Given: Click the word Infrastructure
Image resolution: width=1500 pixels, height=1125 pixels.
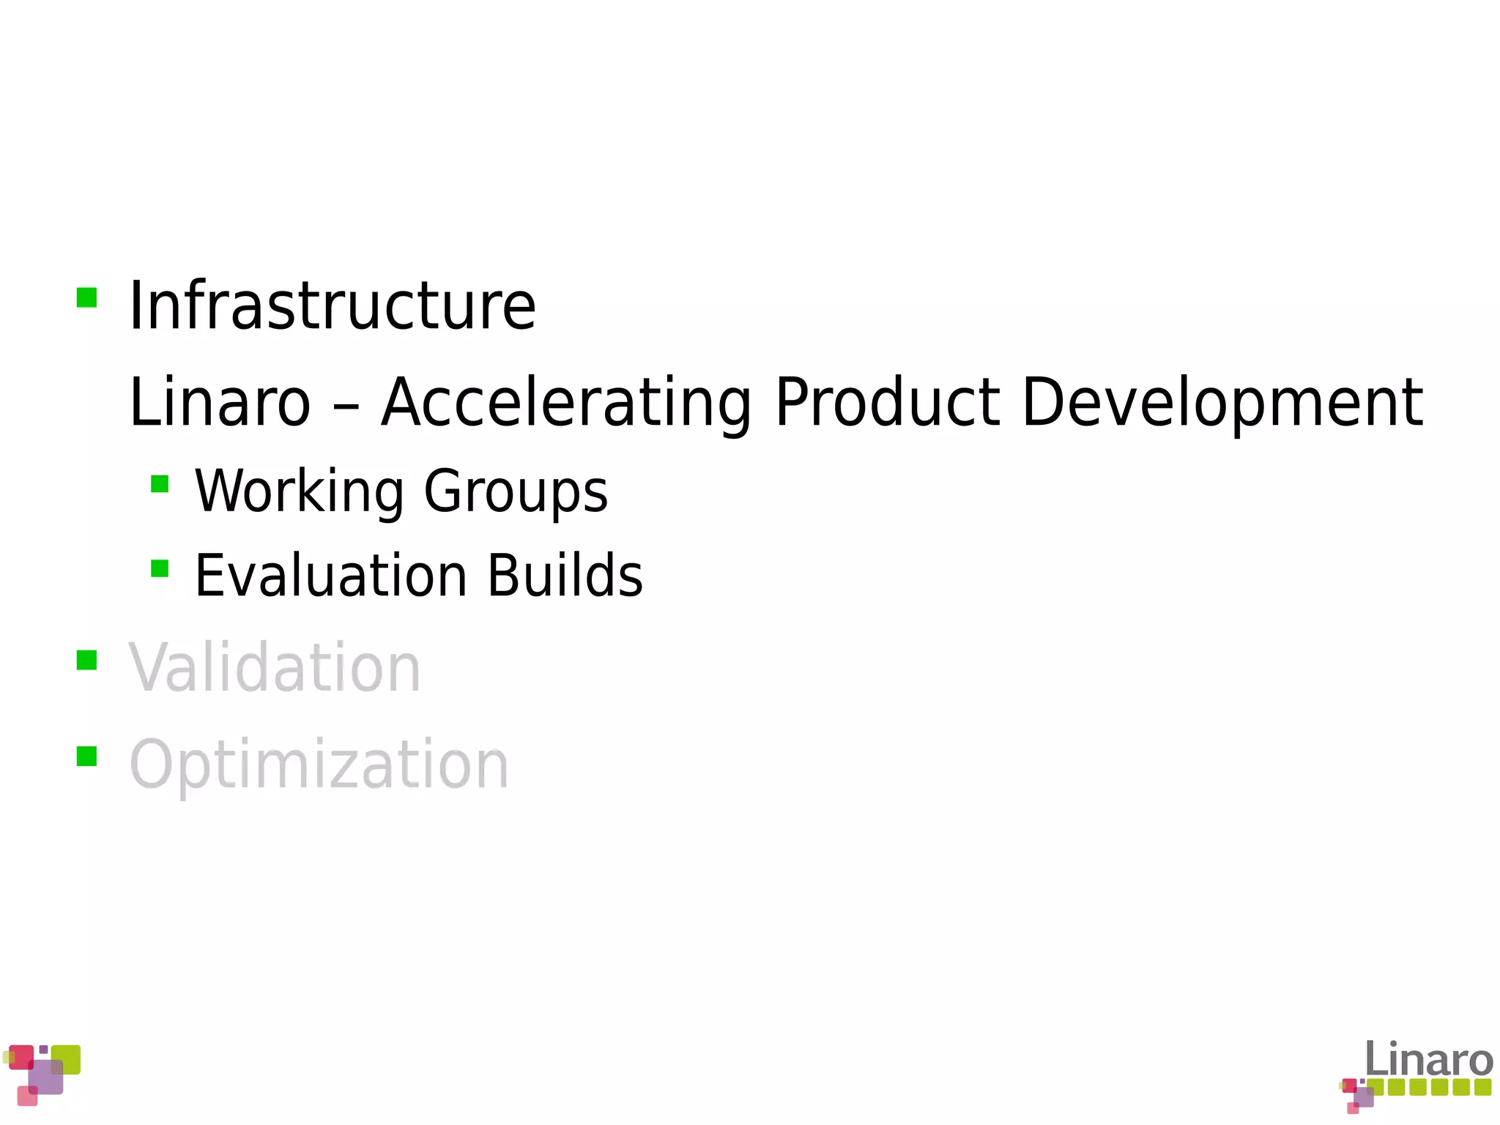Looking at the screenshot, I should [x=332, y=306].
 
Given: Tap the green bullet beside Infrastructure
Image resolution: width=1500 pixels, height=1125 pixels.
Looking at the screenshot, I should [x=86, y=297].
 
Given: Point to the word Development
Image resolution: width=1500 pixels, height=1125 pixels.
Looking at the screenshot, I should [x=1222, y=403].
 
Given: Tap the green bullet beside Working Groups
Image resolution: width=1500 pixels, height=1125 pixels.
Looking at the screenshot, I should [x=160, y=484].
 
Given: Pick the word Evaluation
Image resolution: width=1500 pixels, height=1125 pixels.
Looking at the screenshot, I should [x=331, y=576].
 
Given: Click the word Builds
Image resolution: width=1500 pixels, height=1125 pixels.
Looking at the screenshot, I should [x=565, y=576].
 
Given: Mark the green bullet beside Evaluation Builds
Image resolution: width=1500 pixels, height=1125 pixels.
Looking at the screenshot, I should [x=160, y=568].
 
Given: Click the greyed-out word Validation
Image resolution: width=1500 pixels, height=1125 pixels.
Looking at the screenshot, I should [x=275, y=667].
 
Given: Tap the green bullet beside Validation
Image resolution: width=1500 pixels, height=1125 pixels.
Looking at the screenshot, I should [x=86, y=660].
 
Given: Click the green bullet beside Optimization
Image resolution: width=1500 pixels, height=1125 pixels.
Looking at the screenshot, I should [x=86, y=756].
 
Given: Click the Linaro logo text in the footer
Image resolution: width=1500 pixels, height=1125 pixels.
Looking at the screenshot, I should [x=1428, y=1060].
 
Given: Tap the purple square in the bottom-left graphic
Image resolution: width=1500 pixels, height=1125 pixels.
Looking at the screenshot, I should [x=45, y=1077].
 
